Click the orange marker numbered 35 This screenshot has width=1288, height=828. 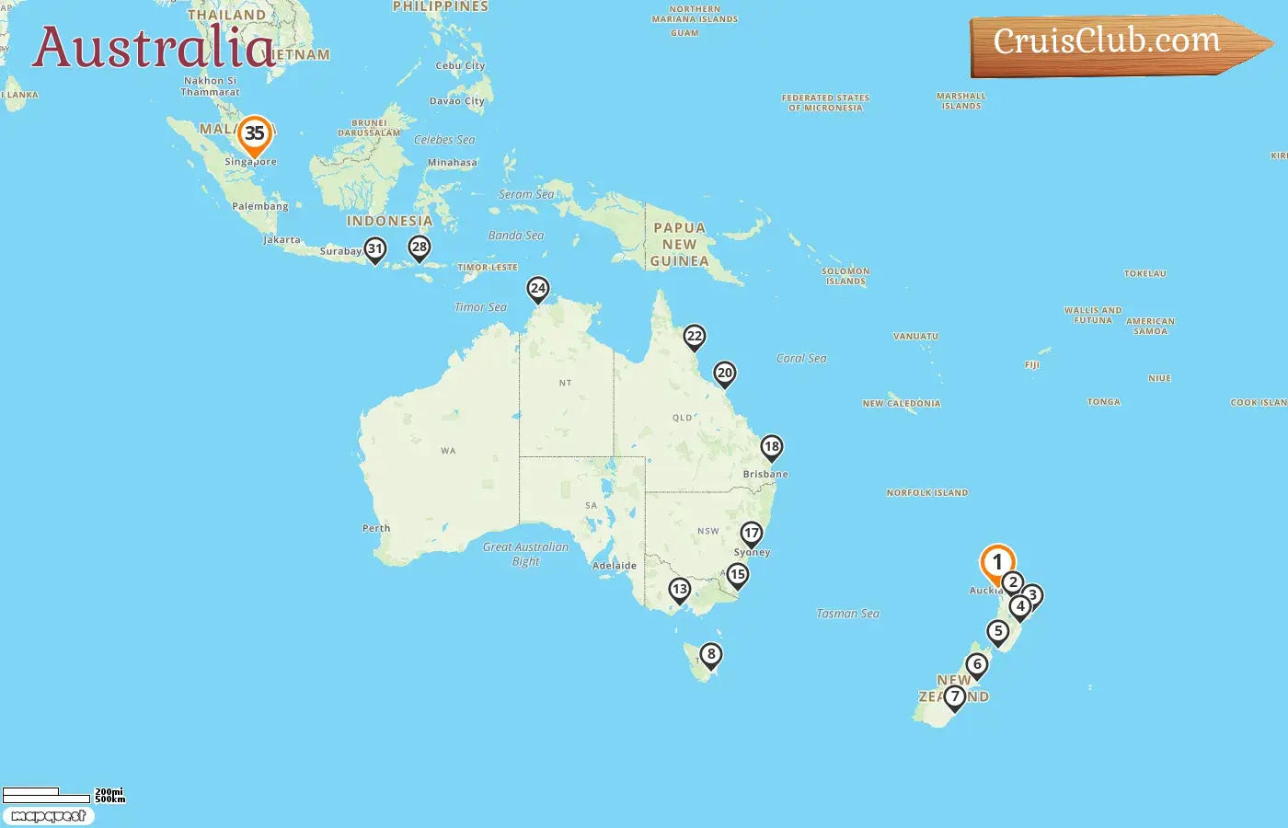pos(254,134)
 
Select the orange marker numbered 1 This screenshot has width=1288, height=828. pos(997,562)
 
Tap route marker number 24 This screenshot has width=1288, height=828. pos(538,289)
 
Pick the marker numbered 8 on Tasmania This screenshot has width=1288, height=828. pos(710,655)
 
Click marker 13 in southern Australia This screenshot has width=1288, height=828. pos(679,589)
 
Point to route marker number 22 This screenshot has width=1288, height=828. pos(695,337)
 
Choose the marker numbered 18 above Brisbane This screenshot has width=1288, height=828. pos(771,447)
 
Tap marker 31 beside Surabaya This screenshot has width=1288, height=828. pos(374,248)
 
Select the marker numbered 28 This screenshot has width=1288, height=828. pos(420,247)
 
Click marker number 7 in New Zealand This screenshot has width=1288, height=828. pos(955,696)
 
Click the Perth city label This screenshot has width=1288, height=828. pos(376,528)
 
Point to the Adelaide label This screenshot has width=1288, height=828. pos(615,566)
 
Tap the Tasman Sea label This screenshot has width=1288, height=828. pos(847,614)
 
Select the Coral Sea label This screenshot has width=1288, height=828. pos(801,359)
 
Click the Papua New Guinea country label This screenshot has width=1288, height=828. pos(679,245)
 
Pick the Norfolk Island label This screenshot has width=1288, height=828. pos(926,493)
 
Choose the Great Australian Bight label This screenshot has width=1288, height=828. pos(526,554)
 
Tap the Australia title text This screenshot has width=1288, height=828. pos(154,48)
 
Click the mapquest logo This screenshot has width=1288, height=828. pos(48,816)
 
